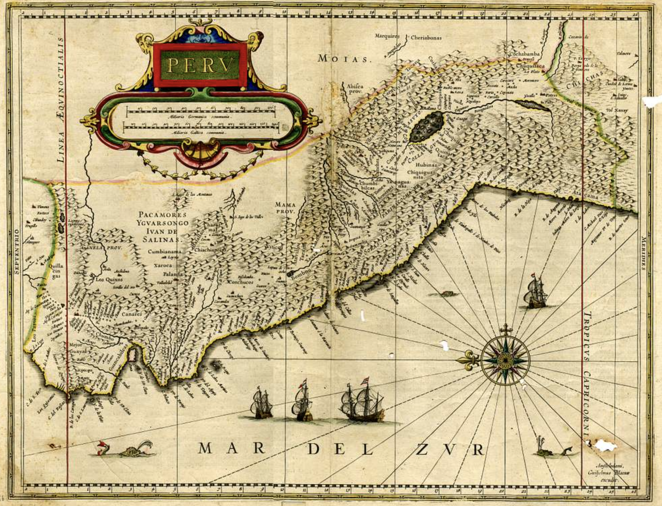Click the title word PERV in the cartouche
200,65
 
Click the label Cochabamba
524,54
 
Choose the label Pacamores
163,215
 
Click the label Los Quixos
109,279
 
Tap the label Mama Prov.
285,208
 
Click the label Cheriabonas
426,38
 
